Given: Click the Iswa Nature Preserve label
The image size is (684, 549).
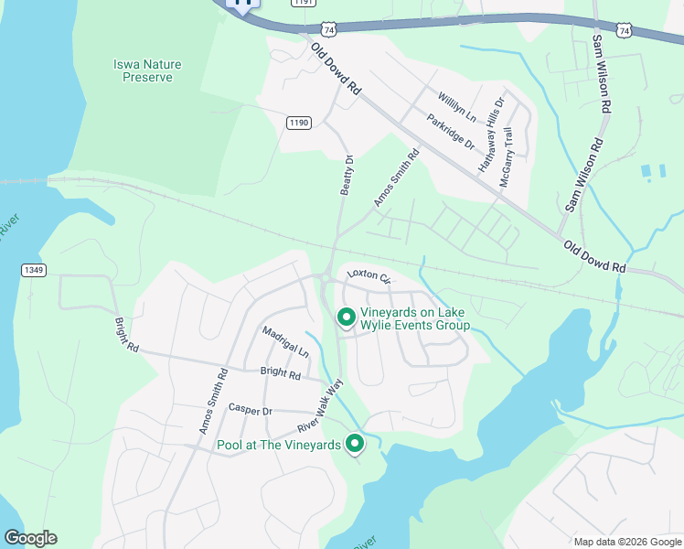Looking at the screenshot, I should point(147,70).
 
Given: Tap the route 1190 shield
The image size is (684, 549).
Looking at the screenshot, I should point(299,123).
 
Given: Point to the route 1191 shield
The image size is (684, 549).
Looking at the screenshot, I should point(305,3).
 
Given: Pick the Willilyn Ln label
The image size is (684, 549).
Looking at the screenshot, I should point(457,106).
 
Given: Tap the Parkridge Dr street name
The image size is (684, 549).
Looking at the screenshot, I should point(451,132).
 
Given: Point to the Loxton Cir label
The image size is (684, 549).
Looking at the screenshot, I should point(369,275).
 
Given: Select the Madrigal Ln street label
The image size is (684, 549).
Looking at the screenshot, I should point(285,341).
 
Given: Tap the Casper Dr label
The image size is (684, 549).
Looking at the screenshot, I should point(251,410).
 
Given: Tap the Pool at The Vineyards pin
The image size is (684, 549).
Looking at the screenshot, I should point(354,444).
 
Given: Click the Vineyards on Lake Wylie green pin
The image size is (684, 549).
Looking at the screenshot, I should point(347,318).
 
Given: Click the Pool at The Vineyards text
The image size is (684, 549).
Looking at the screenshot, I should point(278,446).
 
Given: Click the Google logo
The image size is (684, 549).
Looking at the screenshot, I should point(30,538).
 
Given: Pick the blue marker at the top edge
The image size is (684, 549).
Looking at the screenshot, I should point(243,3).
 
